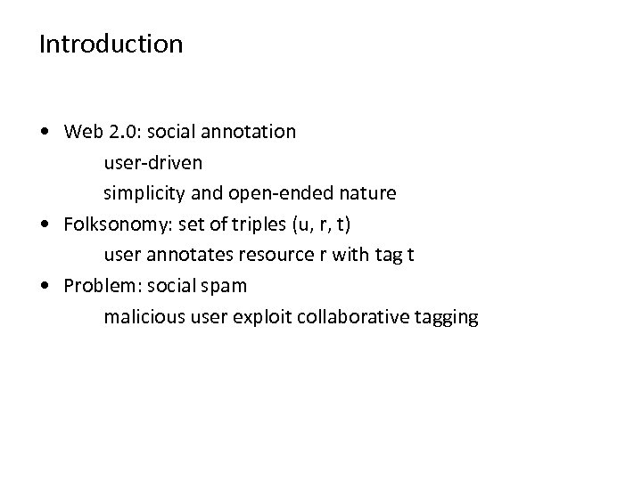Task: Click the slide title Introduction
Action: [111, 44]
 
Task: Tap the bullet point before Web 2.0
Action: [45, 132]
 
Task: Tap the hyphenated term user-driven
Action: [152, 162]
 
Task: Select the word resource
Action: [269, 255]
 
